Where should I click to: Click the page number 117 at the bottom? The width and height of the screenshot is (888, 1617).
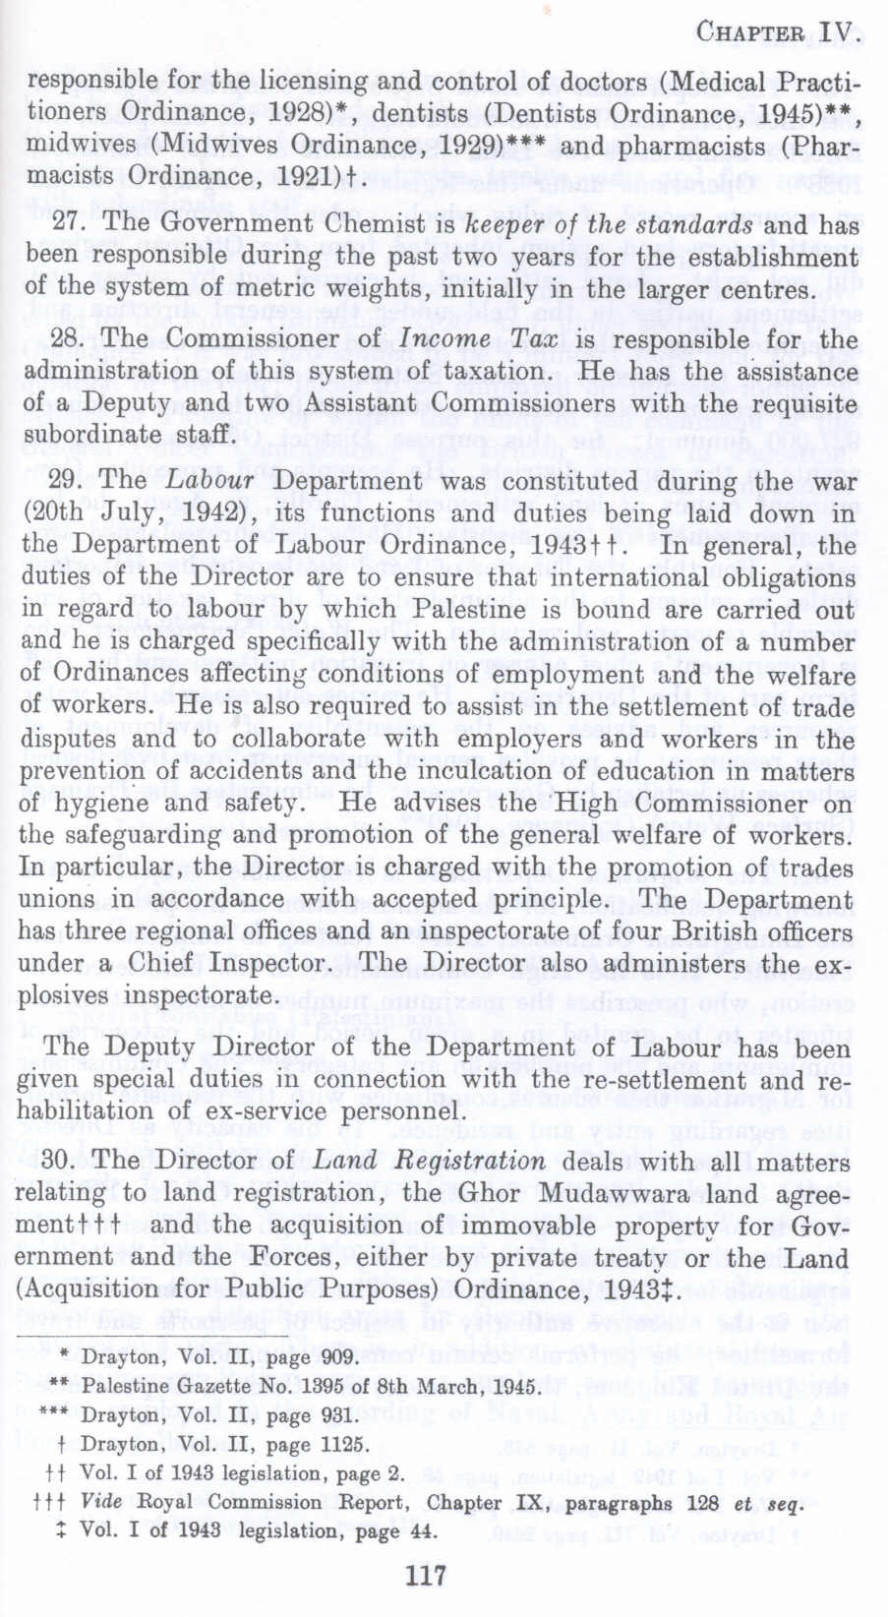426,1577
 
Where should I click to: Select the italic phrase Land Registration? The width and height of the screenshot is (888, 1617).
429,1160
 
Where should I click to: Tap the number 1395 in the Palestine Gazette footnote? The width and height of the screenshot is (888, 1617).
300,1387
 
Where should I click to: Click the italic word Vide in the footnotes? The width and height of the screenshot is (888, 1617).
102,1503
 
